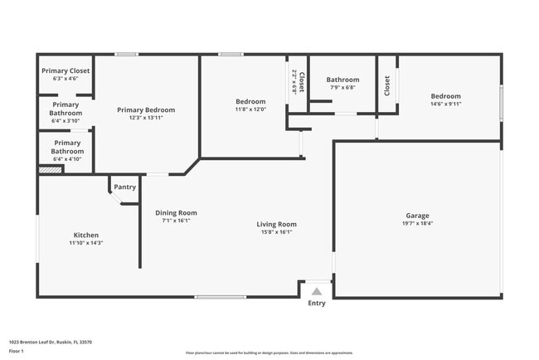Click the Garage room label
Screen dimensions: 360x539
point(417,216)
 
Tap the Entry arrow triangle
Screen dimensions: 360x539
point(316,291)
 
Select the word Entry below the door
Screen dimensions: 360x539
point(317,303)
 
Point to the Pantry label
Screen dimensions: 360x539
point(125,187)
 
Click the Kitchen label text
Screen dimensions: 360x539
point(86,236)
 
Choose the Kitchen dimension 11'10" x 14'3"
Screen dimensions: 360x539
point(86,244)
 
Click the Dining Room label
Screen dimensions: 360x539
point(176,212)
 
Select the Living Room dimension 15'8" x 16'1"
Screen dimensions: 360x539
point(276,232)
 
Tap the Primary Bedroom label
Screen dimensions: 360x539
point(146,109)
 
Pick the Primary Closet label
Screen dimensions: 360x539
point(65,71)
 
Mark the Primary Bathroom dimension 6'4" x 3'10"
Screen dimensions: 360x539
point(65,121)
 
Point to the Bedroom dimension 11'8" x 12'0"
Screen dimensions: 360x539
point(250,109)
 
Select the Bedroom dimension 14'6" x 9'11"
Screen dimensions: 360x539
point(445,104)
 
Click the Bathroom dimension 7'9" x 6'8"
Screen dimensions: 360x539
point(342,88)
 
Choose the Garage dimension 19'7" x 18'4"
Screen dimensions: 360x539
point(417,223)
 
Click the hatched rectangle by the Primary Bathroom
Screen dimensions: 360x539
point(51,170)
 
